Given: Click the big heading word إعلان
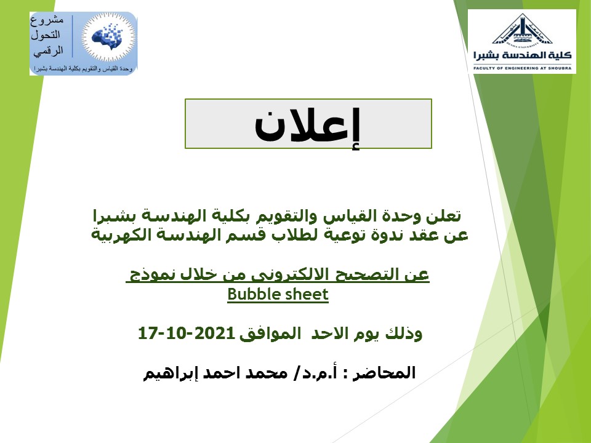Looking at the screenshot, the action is pyautogui.click(x=307, y=126).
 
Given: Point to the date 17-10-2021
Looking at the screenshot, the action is pyautogui.click(x=186, y=333).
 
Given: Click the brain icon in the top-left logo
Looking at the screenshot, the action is pyautogui.click(x=108, y=38).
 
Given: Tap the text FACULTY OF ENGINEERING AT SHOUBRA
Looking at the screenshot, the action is pyautogui.click(x=523, y=68).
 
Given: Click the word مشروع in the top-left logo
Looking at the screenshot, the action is pyautogui.click(x=47, y=20).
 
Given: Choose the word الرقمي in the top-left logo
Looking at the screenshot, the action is pyautogui.click(x=48, y=51).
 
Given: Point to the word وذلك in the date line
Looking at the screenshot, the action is pyautogui.click(x=404, y=333).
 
